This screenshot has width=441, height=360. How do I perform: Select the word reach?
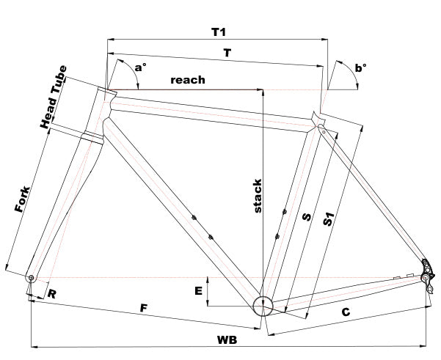click(187, 79)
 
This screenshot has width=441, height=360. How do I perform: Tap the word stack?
click(258, 196)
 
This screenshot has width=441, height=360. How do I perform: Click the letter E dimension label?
click(198, 291)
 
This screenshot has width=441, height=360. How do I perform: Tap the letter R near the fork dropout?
click(52, 294)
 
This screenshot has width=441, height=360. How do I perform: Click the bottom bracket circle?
click(263, 306)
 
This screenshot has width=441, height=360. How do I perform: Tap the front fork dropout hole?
click(32, 278)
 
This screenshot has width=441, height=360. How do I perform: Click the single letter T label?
click(227, 54)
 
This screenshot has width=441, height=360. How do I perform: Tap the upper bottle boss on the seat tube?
click(284, 213)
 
